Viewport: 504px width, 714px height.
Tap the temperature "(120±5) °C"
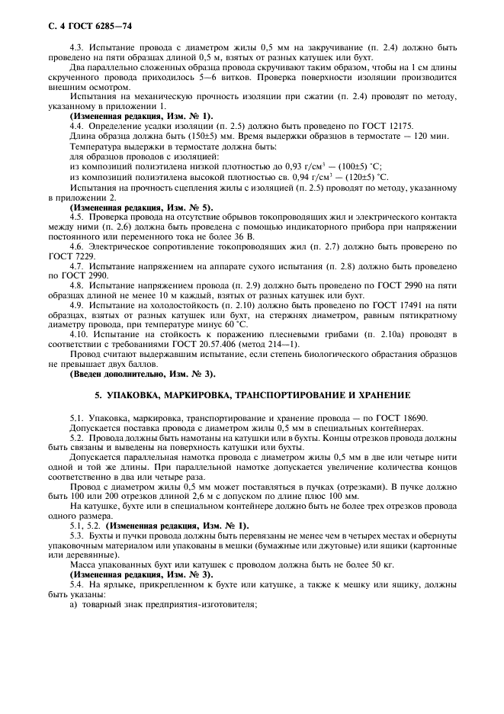(x=364, y=175)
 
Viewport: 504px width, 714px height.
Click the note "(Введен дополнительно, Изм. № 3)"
(x=143, y=374)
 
